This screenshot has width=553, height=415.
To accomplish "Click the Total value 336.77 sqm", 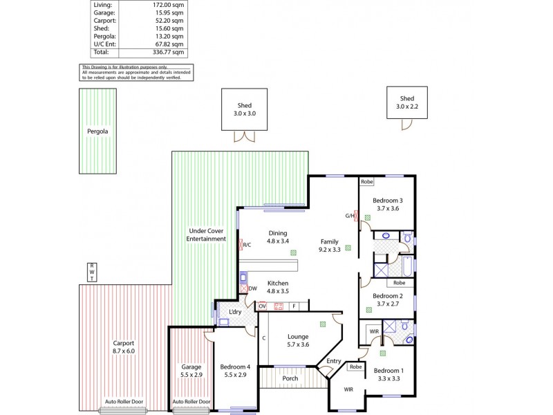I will coord(169,52).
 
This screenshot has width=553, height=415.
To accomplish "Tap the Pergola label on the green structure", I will coord(97,131).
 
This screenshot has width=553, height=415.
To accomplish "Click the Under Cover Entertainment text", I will coord(206,234).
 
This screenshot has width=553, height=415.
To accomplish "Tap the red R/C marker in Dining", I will coord(245,244).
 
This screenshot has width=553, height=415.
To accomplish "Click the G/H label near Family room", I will coord(350,216).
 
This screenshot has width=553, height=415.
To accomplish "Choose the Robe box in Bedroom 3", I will coord(367,182).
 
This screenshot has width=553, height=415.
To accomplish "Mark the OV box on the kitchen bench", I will coord(263,306).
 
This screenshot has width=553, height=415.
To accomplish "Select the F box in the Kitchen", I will coord(294,306).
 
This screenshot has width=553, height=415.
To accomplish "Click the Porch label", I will coord(290,379).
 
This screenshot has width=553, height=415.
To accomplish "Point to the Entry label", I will coord(334,361).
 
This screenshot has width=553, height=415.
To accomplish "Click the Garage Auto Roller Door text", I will coord(191,402).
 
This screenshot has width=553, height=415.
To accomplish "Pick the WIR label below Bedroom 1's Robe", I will coord(348,390).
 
